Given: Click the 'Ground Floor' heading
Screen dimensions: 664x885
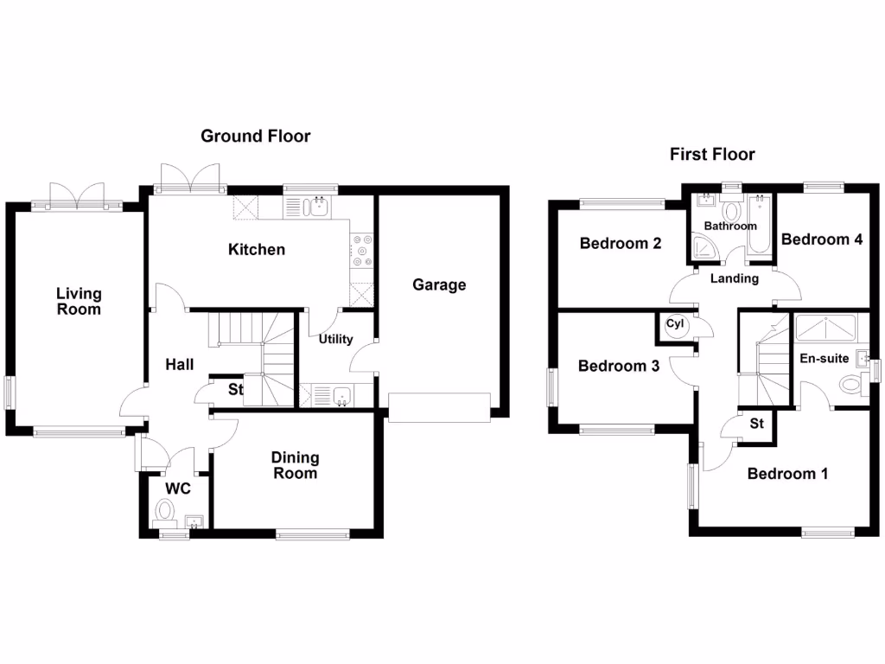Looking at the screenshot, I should coord(255,136).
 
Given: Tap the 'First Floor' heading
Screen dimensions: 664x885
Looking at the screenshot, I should coord(712,155).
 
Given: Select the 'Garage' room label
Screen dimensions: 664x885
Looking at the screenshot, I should coord(438,284).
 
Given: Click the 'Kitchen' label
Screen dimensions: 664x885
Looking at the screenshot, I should coord(256,250).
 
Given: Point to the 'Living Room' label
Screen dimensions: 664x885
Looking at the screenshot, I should coord(79,302).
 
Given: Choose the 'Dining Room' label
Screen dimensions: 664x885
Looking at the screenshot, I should coord(295,465).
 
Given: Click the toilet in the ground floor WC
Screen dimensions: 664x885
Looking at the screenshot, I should coord(163,514).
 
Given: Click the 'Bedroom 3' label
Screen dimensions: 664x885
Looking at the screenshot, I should coord(619,366).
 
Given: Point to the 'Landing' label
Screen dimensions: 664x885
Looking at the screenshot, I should coord(735,278).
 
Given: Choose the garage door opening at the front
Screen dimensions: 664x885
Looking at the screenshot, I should coord(439,406).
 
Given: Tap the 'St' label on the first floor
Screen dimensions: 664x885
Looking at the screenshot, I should coord(756,424).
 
